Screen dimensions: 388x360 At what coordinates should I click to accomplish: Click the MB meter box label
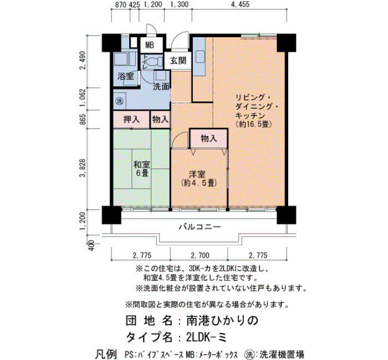coord(150,45)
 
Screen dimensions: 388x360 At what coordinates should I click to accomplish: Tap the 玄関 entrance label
coord(178,60)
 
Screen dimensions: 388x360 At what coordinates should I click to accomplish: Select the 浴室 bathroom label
coord(125,76)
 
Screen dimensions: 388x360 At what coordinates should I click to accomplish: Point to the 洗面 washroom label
coord(161,86)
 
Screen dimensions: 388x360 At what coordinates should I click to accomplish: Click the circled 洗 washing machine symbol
coord(120,101)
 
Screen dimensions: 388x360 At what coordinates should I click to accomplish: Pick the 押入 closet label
coord(131,120)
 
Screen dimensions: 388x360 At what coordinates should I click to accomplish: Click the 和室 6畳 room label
coord(141,168)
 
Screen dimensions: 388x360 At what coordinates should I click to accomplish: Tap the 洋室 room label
coord(197,174)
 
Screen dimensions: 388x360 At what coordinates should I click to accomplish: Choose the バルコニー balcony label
coord(200,227)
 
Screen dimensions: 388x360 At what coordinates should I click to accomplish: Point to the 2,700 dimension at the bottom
coord(200,255)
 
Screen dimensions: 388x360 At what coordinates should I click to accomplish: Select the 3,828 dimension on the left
coord(83,168)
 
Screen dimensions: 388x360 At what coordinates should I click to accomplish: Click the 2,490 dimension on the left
coord(83,61)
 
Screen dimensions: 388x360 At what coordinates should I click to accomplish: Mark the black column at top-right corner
coord(286,43)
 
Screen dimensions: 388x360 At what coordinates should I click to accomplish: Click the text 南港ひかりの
coord(222,321)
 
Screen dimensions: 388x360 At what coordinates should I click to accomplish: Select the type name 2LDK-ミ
coord(206,337)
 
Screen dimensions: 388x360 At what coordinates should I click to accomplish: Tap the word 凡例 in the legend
coord(106,354)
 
